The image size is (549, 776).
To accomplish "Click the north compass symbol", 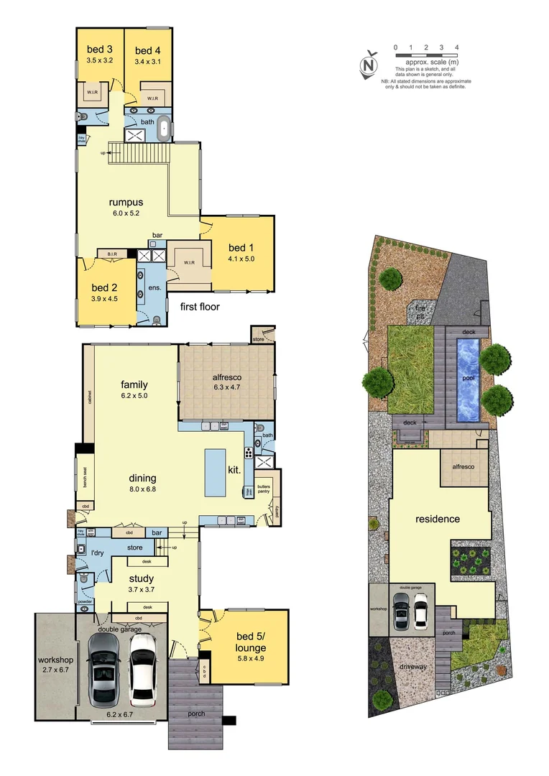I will point(370,64).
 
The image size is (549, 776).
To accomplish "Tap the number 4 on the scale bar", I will point(457,47).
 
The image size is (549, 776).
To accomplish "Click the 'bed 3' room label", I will point(100,50).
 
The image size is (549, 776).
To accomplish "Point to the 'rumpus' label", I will point(124,202).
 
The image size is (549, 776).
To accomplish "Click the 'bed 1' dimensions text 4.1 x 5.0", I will point(241,258).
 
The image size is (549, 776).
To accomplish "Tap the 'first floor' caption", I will point(200,307).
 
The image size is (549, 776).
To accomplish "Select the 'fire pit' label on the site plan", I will point(420,310).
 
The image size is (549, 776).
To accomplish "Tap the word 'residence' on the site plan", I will point(437,519).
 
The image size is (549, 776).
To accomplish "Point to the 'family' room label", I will point(134,384).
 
